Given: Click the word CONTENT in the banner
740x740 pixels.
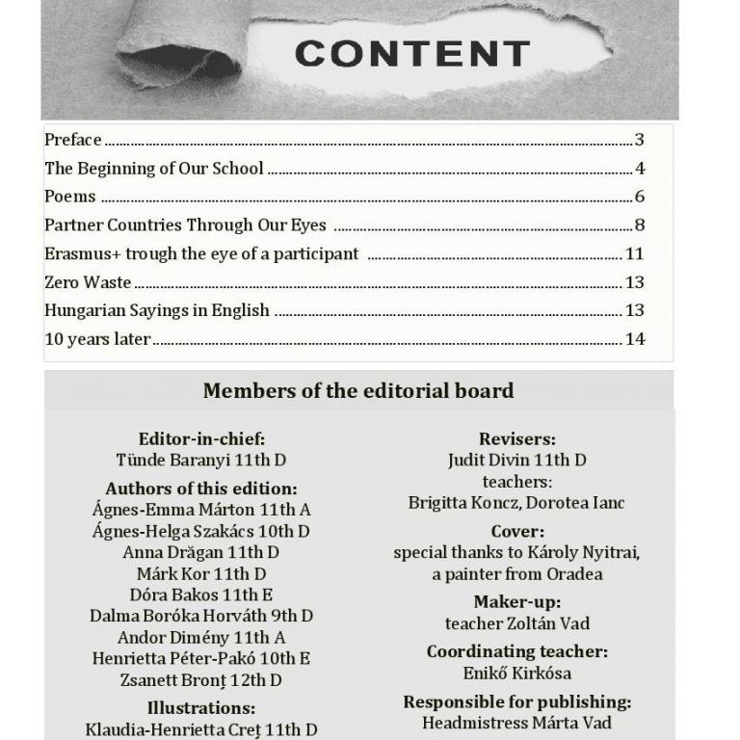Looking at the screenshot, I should tap(412, 53).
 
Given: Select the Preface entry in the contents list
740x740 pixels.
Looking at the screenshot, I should tap(72, 140).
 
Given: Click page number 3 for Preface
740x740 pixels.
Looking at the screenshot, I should tap(639, 140).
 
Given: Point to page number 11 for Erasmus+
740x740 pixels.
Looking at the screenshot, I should tap(634, 254).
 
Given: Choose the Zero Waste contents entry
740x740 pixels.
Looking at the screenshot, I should tap(88, 282).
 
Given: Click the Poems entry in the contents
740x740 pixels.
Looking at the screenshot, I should tap(70, 197).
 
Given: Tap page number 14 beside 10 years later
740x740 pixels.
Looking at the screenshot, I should tap(634, 339).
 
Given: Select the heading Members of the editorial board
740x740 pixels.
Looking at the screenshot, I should tap(357, 391).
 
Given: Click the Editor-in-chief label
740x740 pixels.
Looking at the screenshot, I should tap(201, 439).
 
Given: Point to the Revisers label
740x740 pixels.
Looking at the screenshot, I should tap(516, 439).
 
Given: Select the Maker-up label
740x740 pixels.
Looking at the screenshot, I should tap(516, 602).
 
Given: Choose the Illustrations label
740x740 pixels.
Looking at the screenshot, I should tap(201, 709).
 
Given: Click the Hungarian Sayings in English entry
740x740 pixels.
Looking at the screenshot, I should tap(157, 311).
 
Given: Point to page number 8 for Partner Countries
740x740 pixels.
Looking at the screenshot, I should tap(639, 225).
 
